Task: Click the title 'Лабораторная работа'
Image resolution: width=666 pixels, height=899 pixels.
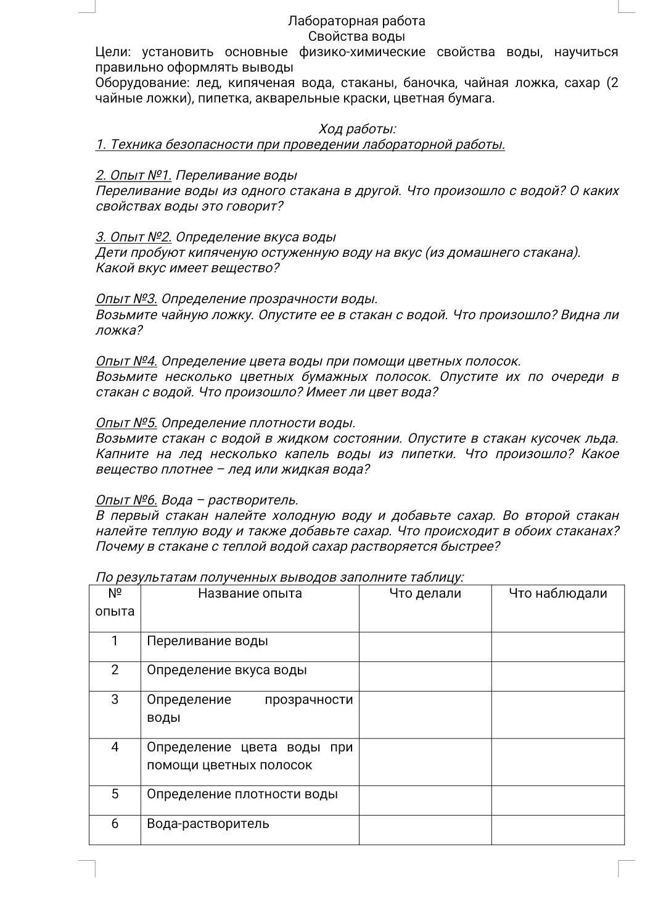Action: (x=356, y=21)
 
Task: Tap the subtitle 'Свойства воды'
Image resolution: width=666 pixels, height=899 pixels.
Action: (x=356, y=36)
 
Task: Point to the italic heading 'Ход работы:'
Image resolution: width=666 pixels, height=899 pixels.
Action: (x=357, y=129)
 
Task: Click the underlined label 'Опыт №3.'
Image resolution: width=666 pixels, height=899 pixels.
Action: (x=126, y=299)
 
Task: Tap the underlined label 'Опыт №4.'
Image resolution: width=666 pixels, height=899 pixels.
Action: (x=126, y=361)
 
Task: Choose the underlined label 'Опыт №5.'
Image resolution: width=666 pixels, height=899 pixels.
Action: (x=126, y=423)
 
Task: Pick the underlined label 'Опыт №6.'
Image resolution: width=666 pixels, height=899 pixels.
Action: (x=126, y=500)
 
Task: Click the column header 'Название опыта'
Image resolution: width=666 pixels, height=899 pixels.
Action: (x=250, y=593)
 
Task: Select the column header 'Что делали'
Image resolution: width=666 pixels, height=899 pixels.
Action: (x=425, y=593)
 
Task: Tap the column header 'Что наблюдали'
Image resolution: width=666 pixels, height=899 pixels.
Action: (x=557, y=593)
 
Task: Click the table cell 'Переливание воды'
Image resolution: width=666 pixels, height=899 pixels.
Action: (x=207, y=641)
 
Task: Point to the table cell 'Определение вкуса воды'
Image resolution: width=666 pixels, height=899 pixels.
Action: (x=226, y=670)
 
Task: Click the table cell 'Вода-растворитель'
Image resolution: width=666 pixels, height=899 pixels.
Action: (x=208, y=824)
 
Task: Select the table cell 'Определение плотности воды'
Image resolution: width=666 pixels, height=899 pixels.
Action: (x=242, y=794)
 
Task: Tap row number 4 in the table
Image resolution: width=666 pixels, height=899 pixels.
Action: (x=115, y=747)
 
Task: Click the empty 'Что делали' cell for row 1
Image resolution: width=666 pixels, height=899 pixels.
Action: (x=425, y=646)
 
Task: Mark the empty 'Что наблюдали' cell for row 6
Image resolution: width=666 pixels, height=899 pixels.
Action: (x=557, y=829)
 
